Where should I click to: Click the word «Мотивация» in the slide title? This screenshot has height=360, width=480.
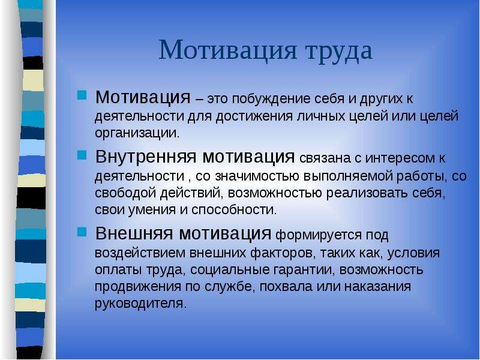coord(228,50)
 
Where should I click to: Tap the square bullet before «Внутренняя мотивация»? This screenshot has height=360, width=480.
coord(82,155)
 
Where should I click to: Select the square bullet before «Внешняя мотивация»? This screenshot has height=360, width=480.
coord(82,232)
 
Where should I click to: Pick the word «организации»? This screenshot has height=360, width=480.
coord(137,133)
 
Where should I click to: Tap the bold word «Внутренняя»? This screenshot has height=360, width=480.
coord(145,157)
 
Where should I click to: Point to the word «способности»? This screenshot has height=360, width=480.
coord(234,210)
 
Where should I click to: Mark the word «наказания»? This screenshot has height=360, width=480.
coord(378,287)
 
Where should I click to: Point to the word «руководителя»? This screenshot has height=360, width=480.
coord(140,304)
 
